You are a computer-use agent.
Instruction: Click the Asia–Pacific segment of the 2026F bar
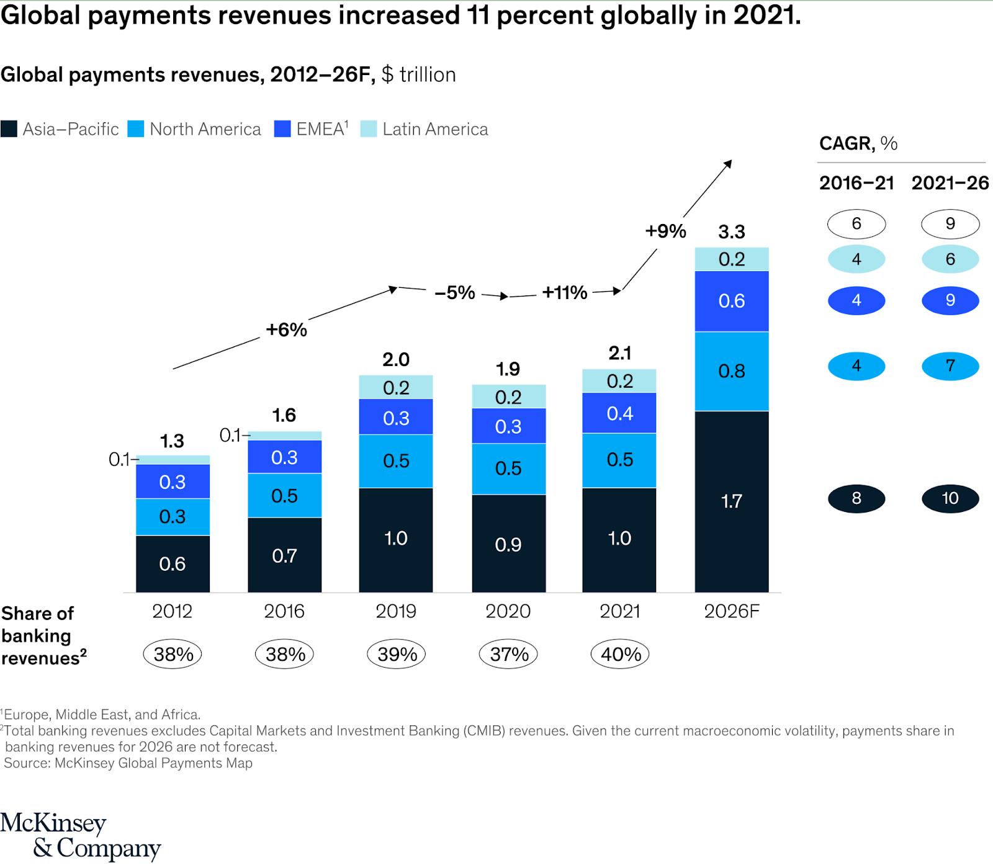click(731, 501)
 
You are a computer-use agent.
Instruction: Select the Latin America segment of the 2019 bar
click(396, 387)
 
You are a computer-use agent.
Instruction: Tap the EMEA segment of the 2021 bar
click(619, 413)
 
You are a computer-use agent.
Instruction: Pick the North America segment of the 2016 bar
click(284, 495)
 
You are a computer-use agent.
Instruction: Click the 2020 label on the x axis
click(508, 611)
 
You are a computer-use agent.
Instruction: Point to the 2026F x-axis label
click(731, 611)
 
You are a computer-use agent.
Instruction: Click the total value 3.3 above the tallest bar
click(731, 232)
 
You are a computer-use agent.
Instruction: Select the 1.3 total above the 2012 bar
click(172, 441)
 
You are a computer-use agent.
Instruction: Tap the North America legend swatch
click(136, 129)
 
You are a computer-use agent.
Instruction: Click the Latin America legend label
click(435, 129)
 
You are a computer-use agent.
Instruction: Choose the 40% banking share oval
click(620, 654)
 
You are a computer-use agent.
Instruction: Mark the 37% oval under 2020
click(508, 654)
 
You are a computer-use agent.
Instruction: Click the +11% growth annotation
click(564, 292)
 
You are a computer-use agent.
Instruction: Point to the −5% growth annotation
click(455, 292)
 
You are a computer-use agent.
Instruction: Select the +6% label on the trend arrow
click(286, 329)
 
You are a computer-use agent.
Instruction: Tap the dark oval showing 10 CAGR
click(950, 498)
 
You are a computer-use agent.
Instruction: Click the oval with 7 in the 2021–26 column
click(950, 365)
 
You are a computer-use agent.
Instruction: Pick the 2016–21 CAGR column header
click(856, 183)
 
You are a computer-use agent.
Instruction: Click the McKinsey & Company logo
click(80, 835)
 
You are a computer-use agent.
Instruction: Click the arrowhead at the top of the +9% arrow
click(729, 163)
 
